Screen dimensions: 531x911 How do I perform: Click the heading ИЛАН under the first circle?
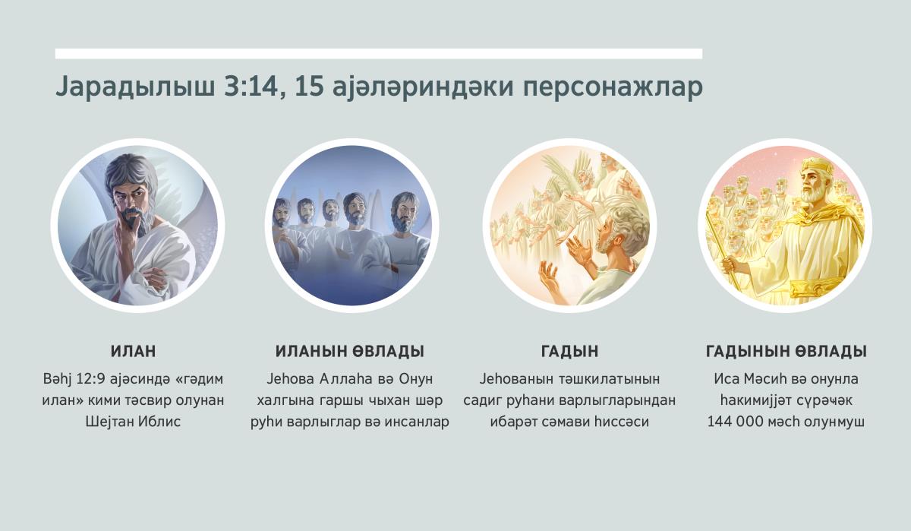click(134, 352)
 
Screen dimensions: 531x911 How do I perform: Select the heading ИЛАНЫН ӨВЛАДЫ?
click(349, 352)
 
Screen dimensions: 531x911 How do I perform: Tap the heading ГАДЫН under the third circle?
click(569, 352)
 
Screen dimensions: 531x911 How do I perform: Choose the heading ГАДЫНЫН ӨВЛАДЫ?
click(786, 352)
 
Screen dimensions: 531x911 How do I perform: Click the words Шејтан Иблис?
click(134, 421)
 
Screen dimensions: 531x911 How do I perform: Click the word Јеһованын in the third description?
click(519, 378)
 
